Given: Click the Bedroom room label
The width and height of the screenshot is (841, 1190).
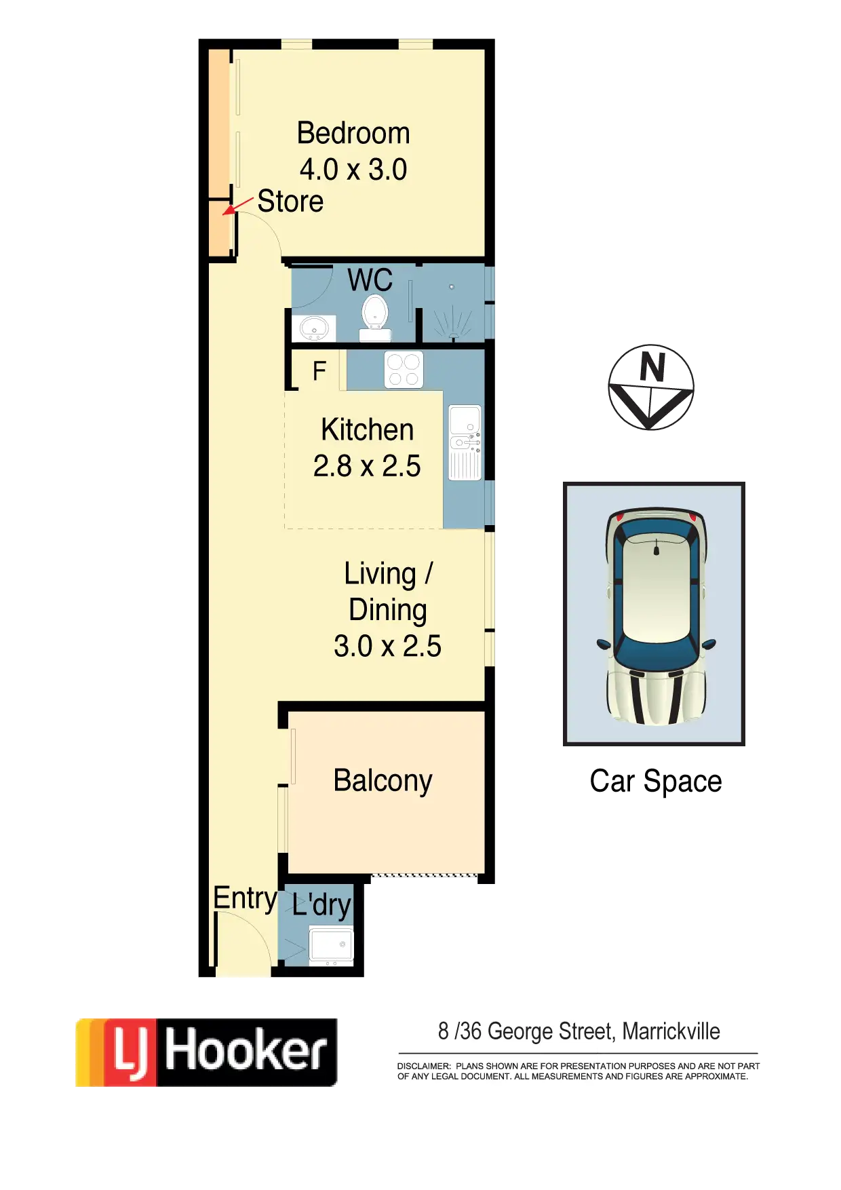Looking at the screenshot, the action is pos(353,133).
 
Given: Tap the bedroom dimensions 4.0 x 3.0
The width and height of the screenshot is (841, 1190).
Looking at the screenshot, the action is pos(353,170).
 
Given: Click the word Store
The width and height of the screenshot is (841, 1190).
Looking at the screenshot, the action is pos(290,201).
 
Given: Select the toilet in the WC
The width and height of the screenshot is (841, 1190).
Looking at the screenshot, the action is pos(374,318).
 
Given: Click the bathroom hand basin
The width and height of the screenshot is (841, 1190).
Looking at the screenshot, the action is pos(313,329).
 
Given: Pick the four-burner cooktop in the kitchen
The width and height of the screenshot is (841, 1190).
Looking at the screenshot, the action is pos(404,370).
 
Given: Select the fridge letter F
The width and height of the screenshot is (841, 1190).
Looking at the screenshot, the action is pos(319,371).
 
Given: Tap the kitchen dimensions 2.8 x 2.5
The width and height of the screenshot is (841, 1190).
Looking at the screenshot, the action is pos(367,466).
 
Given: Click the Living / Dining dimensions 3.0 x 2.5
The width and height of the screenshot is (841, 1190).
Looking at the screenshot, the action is pos(387,646).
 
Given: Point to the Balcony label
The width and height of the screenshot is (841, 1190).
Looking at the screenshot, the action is pos(383,781).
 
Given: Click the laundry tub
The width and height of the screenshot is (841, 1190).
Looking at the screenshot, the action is pos(331,944).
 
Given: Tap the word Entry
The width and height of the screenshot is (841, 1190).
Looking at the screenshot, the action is pos(245,898).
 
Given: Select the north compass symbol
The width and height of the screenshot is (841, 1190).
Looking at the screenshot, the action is pos(650,387).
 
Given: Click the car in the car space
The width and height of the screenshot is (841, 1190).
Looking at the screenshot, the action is pos(654,614).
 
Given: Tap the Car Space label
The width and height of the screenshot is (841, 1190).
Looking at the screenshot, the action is pos(655,781).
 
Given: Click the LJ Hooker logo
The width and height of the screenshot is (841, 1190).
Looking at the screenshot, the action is pos(204,1052).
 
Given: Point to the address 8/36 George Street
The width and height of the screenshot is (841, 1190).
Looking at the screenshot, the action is pos(579,1032).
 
